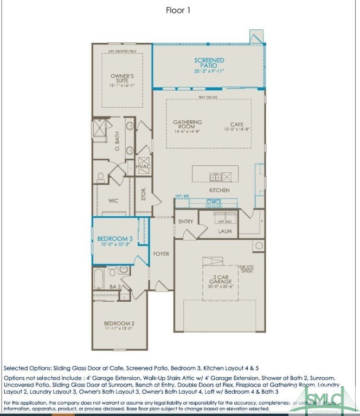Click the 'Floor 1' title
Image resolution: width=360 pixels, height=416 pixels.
(x=178, y=10)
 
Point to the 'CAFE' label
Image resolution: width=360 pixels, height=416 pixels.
(x=236, y=126)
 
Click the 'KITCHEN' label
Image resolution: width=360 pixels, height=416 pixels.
(x=220, y=191)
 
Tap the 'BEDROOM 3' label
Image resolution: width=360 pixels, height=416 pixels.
(x=115, y=239)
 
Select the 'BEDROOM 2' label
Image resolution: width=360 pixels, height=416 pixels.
(x=119, y=324)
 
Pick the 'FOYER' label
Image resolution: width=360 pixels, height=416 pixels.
(x=161, y=253)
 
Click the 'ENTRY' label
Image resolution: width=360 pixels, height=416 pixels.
(x=185, y=222)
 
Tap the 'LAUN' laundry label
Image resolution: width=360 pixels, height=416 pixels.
(x=224, y=231)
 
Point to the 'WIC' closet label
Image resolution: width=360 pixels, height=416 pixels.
(x=113, y=201)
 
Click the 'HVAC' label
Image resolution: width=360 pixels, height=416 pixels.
(x=143, y=166)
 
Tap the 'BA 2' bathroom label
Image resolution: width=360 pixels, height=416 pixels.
(x=114, y=287)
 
